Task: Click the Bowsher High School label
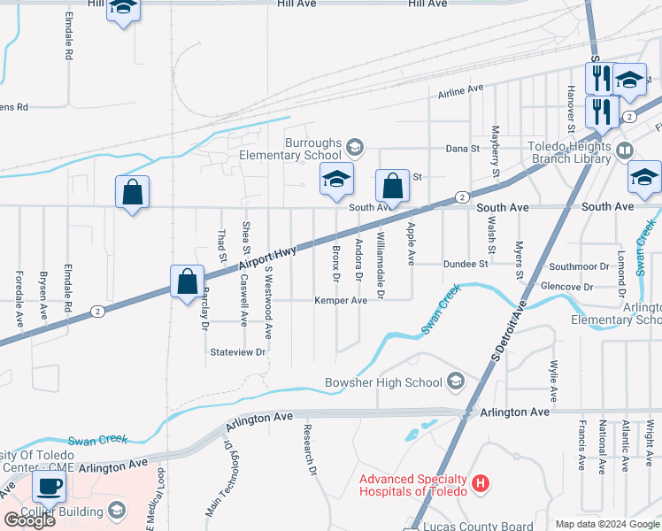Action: (x=383, y=382)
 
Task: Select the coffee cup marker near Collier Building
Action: (x=49, y=486)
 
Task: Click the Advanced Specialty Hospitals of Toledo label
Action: (x=412, y=484)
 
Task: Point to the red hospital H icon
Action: (x=480, y=484)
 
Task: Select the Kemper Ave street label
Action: (x=341, y=301)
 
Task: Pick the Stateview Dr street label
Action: (x=238, y=352)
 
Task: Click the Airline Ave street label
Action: (x=460, y=89)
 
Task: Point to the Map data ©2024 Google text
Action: (x=607, y=524)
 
